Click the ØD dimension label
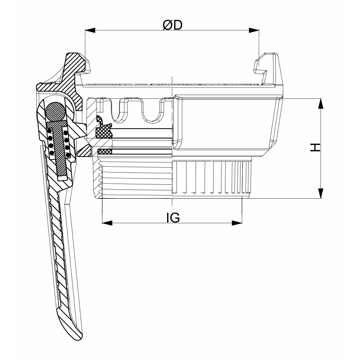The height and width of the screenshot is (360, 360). pyautogui.click(x=172, y=25)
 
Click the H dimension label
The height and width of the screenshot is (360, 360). pyautogui.click(x=315, y=147)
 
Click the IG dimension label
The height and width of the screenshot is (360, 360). pyautogui.click(x=173, y=218)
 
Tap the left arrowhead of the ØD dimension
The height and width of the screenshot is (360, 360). pyautogui.click(x=90, y=30)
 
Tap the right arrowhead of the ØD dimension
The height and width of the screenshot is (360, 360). pyautogui.click(x=254, y=30)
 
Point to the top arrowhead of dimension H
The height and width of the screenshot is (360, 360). pyautogui.click(x=321, y=104)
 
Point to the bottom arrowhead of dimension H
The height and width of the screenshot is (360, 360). pyautogui.click(x=321, y=193)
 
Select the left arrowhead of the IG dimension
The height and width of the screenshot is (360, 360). pyautogui.click(x=107, y=223)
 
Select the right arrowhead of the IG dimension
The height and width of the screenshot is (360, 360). pyautogui.click(x=237, y=223)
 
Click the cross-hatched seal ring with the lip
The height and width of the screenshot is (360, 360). pyautogui.click(x=104, y=129)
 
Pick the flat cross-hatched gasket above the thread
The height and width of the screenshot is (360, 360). pyautogui.click(x=105, y=152)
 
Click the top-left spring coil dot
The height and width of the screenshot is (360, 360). pyautogui.click(x=49, y=131)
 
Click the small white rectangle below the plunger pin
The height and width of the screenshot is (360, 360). pyautogui.click(x=62, y=178)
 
